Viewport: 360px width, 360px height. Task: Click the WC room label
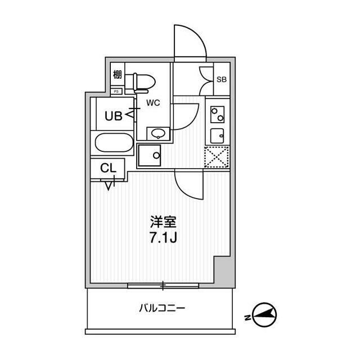pos(153,103)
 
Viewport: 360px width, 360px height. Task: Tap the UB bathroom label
pos(114,116)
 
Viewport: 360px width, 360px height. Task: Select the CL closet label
pos(109,168)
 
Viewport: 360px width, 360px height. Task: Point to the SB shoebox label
pos(222,79)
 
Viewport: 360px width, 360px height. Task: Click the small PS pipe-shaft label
pos(116,91)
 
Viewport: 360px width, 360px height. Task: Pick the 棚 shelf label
pos(118,74)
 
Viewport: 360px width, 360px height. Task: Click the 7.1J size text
pos(163,237)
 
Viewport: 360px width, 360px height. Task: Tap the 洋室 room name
pos(163,222)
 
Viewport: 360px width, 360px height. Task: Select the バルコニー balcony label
pos(162,308)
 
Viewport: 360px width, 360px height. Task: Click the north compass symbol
pos(264,314)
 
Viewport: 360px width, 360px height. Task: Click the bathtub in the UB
pos(114,142)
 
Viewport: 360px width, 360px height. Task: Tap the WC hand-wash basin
pos(158,133)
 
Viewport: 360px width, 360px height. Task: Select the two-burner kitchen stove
pos(218,115)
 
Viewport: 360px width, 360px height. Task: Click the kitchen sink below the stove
pos(217,136)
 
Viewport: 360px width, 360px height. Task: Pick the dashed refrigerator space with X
pos(217,157)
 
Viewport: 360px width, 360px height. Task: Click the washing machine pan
pos(150,155)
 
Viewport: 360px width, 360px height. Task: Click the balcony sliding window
pos(163,286)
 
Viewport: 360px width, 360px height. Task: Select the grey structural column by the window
pos(224,271)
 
